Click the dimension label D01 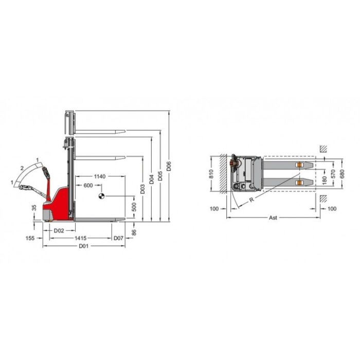coord(83,246)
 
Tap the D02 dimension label coord(59,230)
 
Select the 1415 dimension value coord(81,238)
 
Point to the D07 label coord(118,238)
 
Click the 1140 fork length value coord(100,176)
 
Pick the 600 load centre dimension coord(88,185)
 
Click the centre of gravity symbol coord(101,196)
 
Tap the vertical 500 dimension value coord(134,207)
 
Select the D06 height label coord(169,166)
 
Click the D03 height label coord(142,189)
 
